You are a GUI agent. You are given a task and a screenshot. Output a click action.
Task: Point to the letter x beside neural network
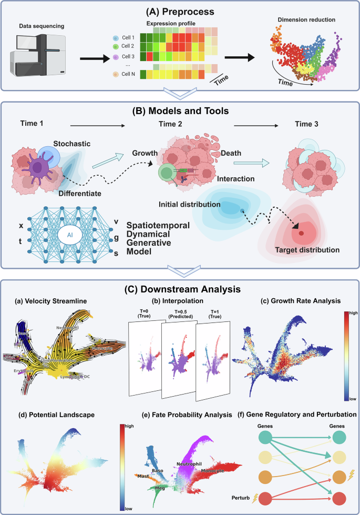(21, 226)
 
